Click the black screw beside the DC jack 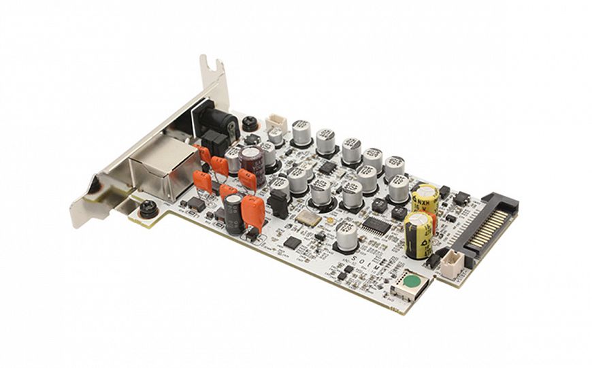point(250,123)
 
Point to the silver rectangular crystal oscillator point(308,218)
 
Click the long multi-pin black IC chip point(376,225)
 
